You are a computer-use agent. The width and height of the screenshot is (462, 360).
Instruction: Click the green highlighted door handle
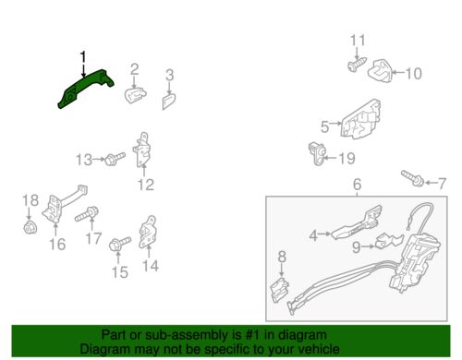[85, 88]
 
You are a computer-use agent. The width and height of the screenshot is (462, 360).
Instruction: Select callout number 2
[135, 69]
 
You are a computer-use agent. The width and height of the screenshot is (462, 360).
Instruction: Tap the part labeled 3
[169, 102]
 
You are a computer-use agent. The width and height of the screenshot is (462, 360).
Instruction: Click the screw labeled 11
[357, 65]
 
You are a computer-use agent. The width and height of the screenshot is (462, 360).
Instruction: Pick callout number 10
[413, 74]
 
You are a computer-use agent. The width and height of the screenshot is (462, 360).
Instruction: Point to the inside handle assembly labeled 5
[360, 119]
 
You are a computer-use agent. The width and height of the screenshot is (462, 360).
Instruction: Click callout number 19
[346, 159]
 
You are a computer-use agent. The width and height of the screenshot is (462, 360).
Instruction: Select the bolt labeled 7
[412, 178]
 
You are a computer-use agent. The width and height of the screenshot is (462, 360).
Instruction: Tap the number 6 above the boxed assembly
[357, 185]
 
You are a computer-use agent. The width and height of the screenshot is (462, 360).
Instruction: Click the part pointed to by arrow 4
[358, 222]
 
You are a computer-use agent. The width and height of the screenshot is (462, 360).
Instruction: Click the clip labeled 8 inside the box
[280, 290]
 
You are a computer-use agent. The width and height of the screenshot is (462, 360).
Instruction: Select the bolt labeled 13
[115, 159]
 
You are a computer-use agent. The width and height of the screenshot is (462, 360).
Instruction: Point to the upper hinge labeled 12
[141, 150]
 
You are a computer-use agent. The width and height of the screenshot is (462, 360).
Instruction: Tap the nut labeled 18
[30, 227]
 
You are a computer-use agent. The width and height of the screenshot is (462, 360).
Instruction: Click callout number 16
[57, 245]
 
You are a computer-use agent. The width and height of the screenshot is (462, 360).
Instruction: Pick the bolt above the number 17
[87, 214]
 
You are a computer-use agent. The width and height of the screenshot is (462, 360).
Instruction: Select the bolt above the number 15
[120, 244]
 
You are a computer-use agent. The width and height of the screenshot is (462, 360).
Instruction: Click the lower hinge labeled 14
[148, 232]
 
